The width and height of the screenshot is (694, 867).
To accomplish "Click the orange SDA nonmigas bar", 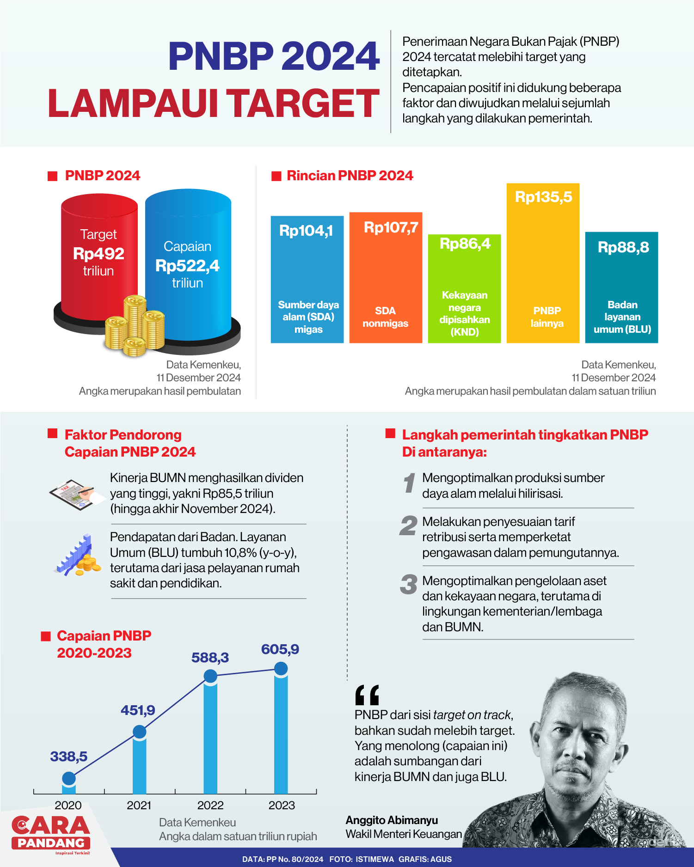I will coord(386,277).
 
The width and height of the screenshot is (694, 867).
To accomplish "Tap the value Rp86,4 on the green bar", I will coord(465,244).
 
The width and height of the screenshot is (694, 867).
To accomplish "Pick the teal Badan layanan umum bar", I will coord(621,287).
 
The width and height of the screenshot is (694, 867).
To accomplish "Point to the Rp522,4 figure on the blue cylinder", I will coord(187,266).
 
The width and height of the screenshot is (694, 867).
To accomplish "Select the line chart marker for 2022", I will coord(210,676).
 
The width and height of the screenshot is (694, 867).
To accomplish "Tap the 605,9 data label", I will coord(280,649).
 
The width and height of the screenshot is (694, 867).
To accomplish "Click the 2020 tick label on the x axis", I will coord(68,805).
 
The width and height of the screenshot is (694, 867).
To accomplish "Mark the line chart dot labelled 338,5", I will coord(69,778).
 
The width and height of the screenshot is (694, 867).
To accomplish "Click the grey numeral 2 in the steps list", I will coord(408,525).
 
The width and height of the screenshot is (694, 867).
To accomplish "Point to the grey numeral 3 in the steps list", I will coord(408,584).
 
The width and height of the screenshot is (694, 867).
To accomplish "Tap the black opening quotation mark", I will coord(367,695).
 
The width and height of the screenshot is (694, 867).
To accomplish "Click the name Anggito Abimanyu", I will coord(392,820).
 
